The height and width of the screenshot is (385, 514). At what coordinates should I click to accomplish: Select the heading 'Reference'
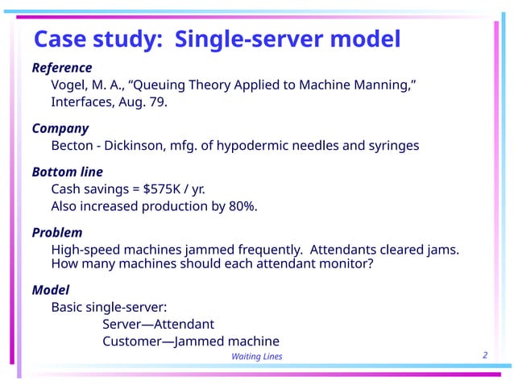[62, 68]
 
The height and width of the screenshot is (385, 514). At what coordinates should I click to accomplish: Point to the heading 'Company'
[60, 128]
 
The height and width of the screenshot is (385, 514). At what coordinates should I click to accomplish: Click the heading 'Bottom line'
[67, 172]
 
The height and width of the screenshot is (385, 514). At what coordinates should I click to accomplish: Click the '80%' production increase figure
[240, 206]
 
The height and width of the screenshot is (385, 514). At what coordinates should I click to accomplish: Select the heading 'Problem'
[57, 233]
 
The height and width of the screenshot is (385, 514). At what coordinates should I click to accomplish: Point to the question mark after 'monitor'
[370, 263]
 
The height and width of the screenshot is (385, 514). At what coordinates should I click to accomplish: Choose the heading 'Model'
[50, 289]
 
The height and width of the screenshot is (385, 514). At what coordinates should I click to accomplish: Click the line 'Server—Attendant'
[158, 324]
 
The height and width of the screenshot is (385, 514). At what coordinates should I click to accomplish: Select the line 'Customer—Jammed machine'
[190, 341]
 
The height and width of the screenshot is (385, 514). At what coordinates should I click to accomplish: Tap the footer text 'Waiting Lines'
[256, 357]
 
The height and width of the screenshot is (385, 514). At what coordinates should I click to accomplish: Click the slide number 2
[485, 355]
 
